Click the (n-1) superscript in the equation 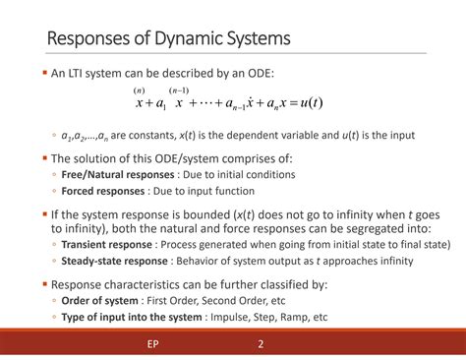coord(180,90)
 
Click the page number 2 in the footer coord(261,345)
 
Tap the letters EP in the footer coord(152,345)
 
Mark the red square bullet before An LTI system coord(44,74)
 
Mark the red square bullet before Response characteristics coord(44,283)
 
